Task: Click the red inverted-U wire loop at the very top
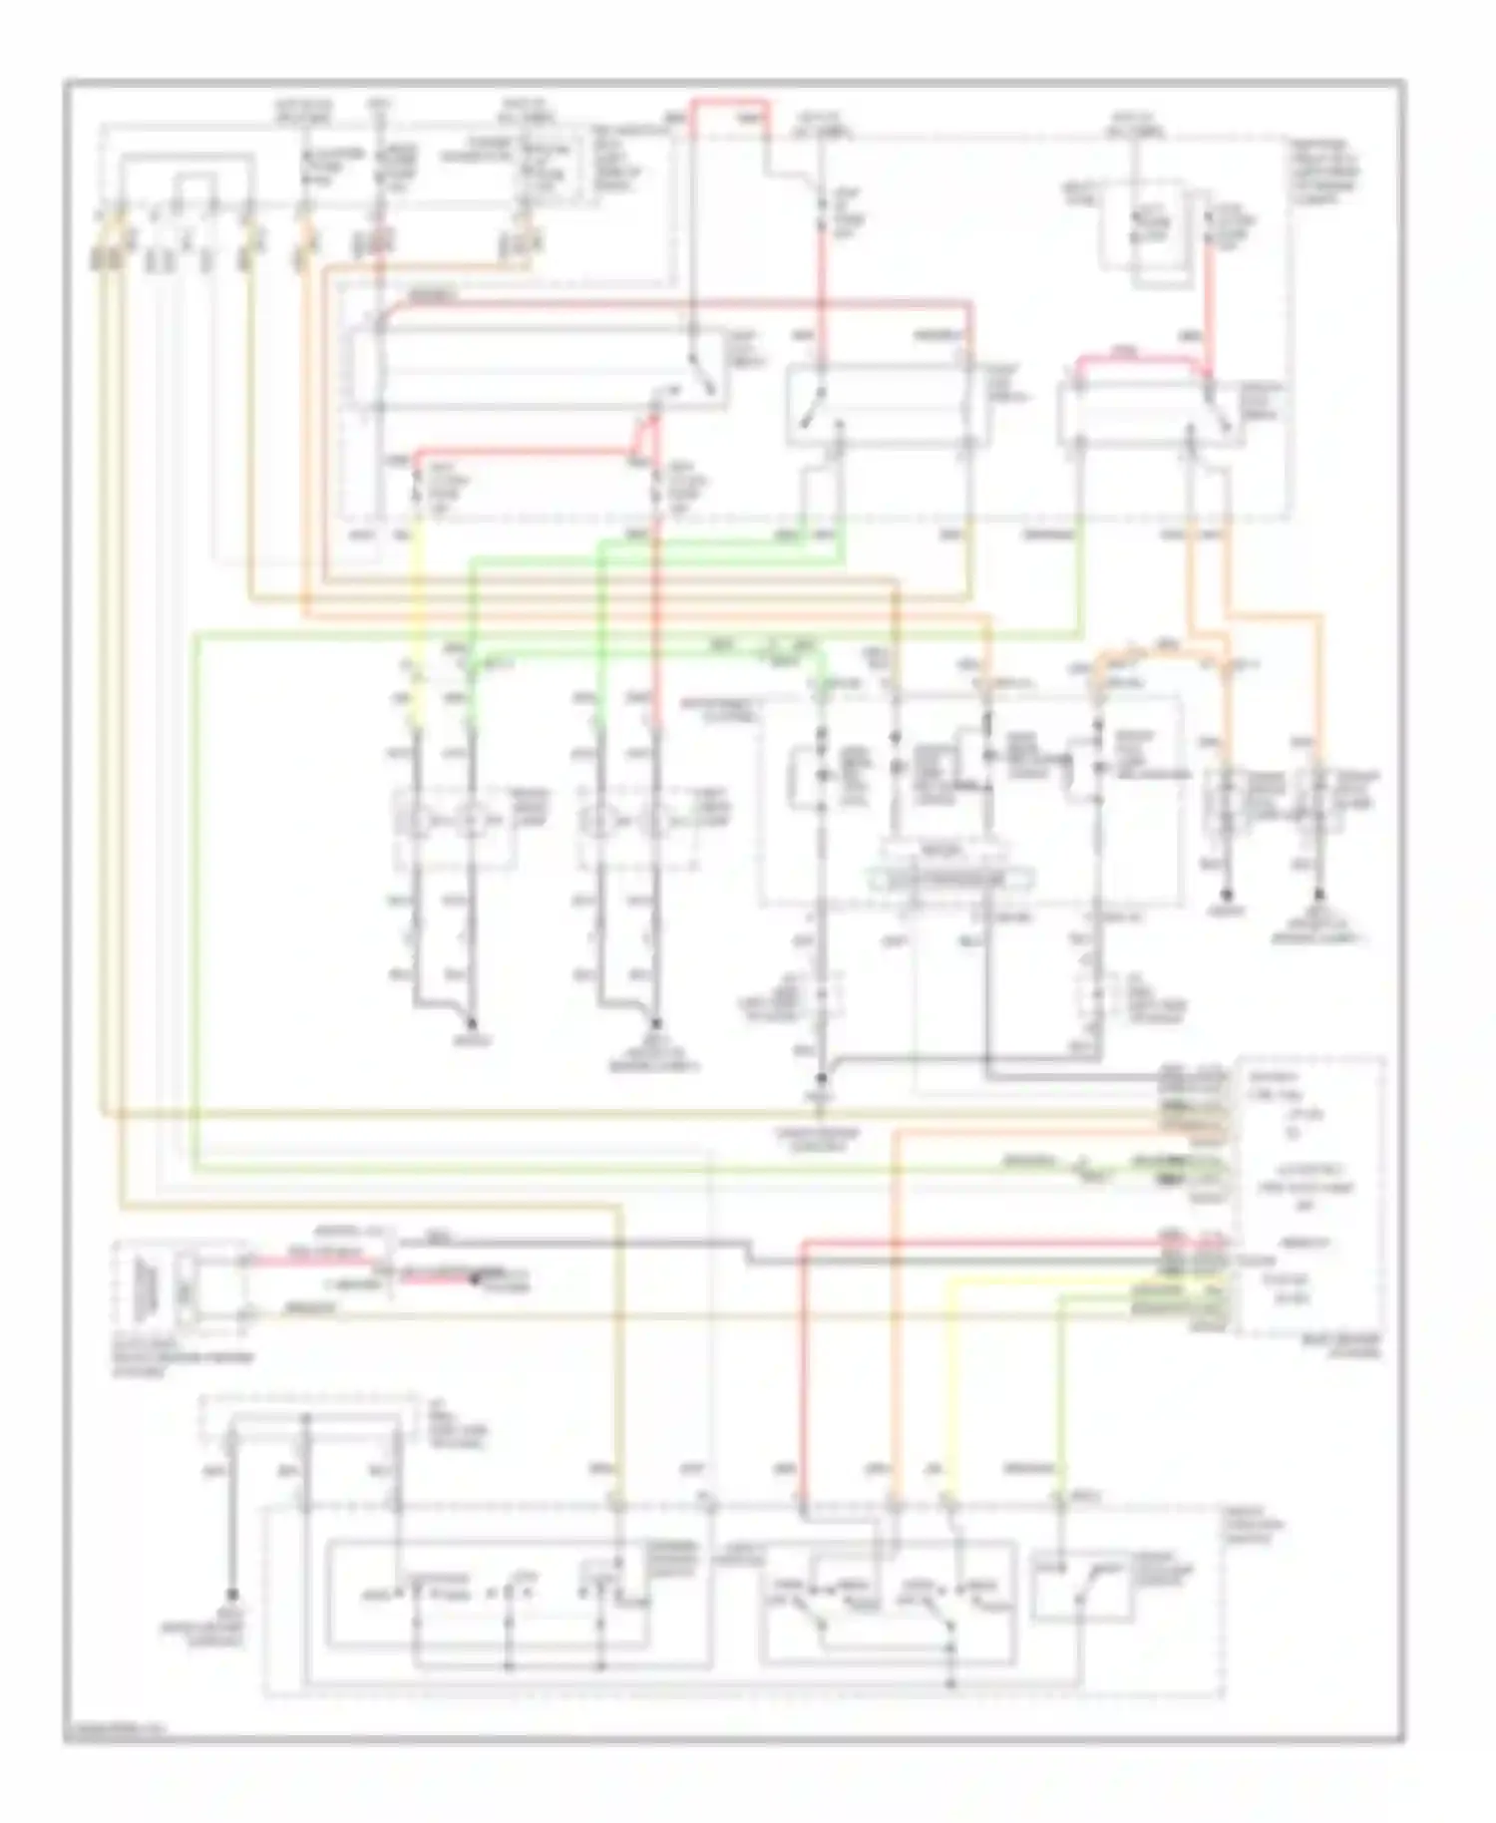click(x=732, y=101)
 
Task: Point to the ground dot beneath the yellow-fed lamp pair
click(x=472, y=1024)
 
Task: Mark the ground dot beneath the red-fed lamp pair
click(x=656, y=1024)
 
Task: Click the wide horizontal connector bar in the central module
click(x=949, y=879)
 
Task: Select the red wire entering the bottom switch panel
click(x=802, y=1396)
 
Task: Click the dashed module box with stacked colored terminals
click(x=1309, y=1195)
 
